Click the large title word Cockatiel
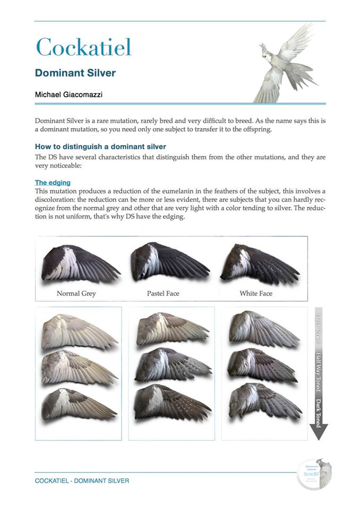coord(83,47)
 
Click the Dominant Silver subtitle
coord(75,73)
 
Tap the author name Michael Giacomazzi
coord(69,94)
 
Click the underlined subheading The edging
coord(53,182)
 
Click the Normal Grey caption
coord(76,293)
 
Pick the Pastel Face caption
coord(163,293)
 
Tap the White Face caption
coord(255,293)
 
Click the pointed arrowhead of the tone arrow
coord(318,433)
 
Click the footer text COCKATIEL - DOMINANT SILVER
coord(82,481)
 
